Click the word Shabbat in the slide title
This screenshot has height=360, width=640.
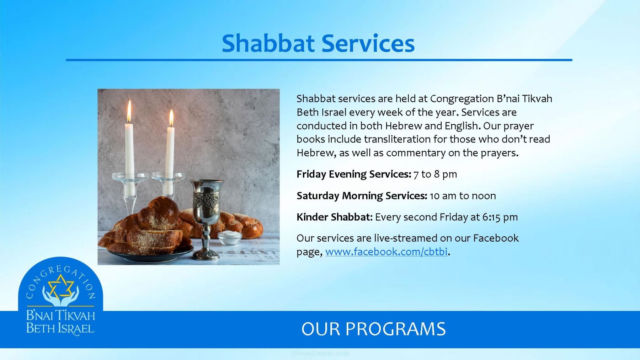click(267, 43)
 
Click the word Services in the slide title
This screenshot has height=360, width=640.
click(368, 43)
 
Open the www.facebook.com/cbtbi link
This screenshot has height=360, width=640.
click(386, 252)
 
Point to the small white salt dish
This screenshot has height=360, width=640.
click(230, 237)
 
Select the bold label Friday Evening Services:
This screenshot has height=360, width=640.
click(354, 174)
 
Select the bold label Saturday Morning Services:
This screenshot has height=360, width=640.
click(362, 196)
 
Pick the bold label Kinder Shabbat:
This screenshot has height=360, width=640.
click(335, 217)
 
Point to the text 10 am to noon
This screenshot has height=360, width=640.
click(463, 196)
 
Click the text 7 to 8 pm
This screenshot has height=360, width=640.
click(435, 174)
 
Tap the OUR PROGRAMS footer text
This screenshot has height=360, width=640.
click(373, 329)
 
